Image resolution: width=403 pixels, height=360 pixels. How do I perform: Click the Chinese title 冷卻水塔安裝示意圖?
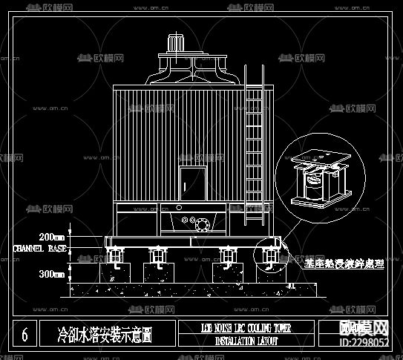click(105, 335)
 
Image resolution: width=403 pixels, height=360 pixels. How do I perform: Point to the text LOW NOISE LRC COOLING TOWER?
click(246, 327)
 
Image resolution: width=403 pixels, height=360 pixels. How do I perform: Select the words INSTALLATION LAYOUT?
click(246, 341)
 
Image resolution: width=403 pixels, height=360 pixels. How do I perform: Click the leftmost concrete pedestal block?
click(117, 270)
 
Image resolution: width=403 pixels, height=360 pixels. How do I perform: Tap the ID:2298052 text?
click(364, 342)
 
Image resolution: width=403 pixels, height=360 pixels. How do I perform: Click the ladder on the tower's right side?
click(255, 141)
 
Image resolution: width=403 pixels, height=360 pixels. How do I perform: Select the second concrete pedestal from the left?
click(160, 270)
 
